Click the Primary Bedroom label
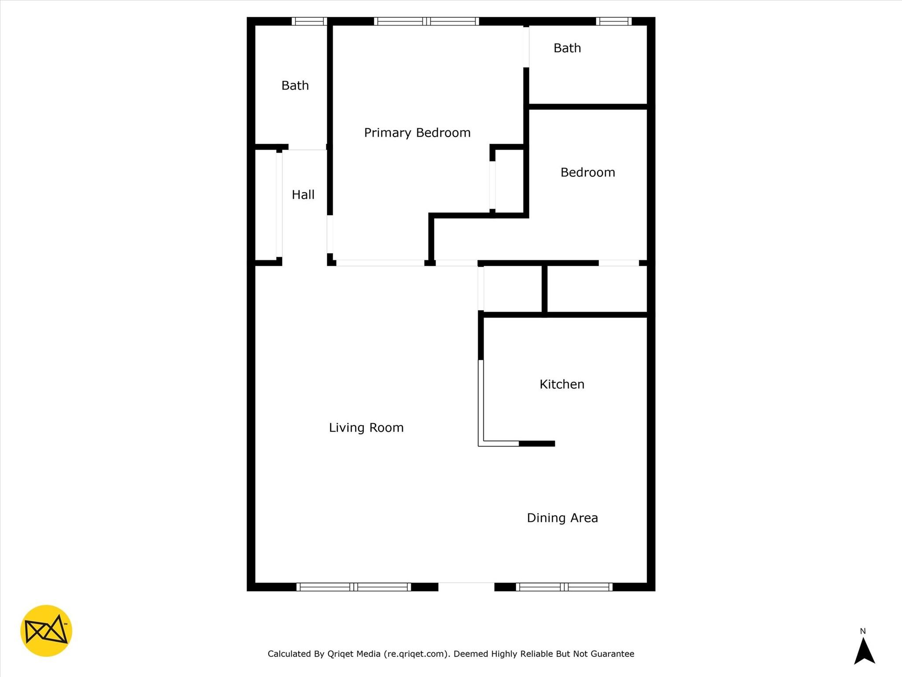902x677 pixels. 417,133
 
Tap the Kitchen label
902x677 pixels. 562,384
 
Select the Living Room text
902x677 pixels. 366,428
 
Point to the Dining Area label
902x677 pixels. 562,518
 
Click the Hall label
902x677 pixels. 303,194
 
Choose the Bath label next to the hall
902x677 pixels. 295,85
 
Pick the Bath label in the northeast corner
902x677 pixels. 567,48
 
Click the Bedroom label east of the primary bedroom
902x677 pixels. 588,172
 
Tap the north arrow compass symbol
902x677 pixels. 864,651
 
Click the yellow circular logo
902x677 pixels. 46,631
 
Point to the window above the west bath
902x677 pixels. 309,21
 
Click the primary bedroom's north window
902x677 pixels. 426,21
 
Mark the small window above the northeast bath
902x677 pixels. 614,21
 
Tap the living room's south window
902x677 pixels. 354,587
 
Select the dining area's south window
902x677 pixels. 564,587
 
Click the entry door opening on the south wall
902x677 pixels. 466,587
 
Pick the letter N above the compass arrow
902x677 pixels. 863,631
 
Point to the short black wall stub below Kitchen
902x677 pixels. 537,443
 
